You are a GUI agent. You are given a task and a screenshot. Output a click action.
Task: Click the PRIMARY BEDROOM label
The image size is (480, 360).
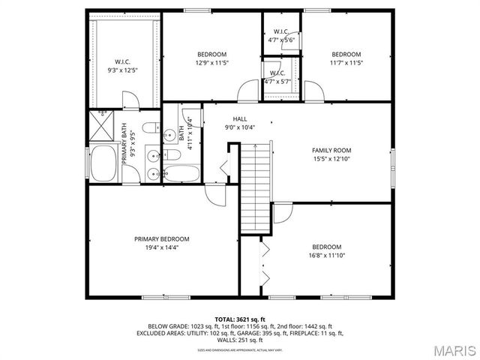pyautogui.click(x=161, y=238)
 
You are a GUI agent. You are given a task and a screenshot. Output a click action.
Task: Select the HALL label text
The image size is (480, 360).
pyautogui.click(x=239, y=118)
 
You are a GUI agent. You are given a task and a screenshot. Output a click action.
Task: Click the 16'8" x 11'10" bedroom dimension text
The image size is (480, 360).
pyautogui.click(x=326, y=255)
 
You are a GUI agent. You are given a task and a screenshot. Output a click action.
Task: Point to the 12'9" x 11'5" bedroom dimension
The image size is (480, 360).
pyautogui.click(x=212, y=62)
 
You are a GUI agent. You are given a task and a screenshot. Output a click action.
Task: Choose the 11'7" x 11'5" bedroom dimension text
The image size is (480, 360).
pyautogui.click(x=346, y=62)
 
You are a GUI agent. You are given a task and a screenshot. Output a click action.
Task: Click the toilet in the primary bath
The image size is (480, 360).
pyautogui.click(x=151, y=127)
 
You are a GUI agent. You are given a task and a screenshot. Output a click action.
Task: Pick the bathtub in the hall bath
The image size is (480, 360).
pyautogui.click(x=182, y=175)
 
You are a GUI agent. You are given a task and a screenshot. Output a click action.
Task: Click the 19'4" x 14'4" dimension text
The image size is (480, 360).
pyautogui.click(x=161, y=247)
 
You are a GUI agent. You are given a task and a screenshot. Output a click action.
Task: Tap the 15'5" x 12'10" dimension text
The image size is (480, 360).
pyautogui.click(x=331, y=158)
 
